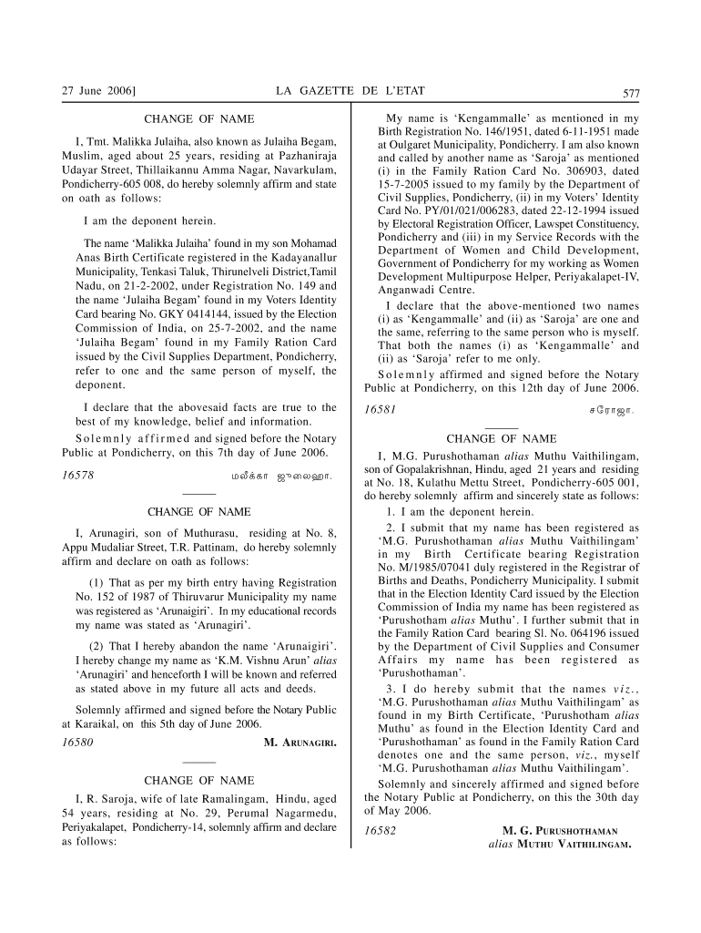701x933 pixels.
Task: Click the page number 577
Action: [x=631, y=92]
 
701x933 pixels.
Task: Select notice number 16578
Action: [x=76, y=475]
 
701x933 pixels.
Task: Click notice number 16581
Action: [x=379, y=410]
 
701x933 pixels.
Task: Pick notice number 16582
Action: [x=379, y=831]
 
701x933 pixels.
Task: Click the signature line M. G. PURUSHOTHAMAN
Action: [x=560, y=831]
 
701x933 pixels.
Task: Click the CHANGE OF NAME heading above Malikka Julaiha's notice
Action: [x=199, y=118]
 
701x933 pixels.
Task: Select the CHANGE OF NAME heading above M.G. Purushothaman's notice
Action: [x=501, y=439]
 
